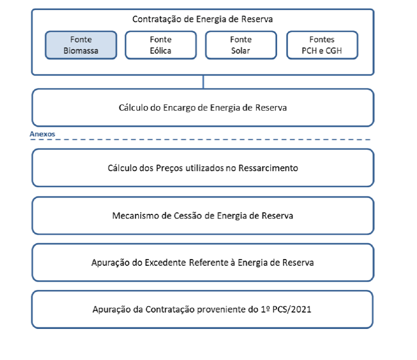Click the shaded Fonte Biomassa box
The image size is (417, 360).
click(81, 45)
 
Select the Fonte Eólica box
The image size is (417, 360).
click(161, 45)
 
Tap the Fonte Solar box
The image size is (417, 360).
click(241, 45)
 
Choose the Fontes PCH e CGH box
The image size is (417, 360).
click(322, 45)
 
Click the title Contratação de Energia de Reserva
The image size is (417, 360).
click(203, 19)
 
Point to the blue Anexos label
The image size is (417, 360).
click(42, 134)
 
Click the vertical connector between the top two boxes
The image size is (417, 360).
click(203, 82)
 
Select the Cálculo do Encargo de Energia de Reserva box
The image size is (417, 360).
click(203, 107)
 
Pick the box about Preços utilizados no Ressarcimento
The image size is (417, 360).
click(203, 168)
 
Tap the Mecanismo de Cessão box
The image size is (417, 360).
click(203, 216)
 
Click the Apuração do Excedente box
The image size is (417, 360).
click(203, 262)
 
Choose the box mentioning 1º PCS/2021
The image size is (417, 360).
click(203, 309)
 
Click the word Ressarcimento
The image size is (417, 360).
click(268, 168)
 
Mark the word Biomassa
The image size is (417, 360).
click(81, 51)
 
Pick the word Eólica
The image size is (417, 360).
click(161, 51)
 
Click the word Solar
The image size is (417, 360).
click(241, 51)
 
